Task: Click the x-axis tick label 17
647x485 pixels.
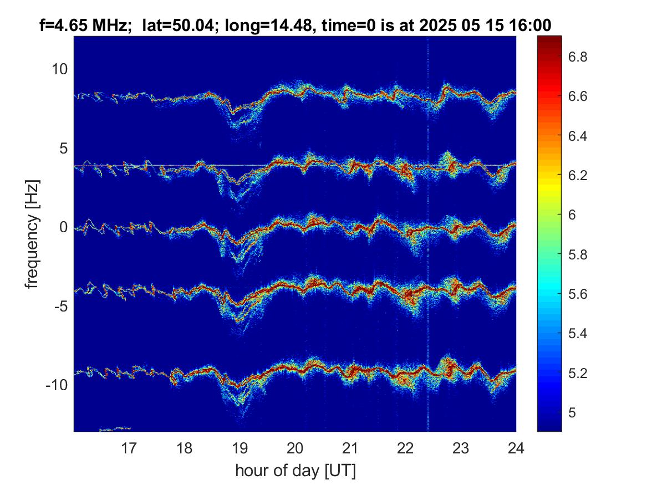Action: click(129, 448)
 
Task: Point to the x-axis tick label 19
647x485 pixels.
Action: click(240, 448)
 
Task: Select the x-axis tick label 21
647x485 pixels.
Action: click(350, 448)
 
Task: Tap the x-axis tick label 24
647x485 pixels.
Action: click(516, 448)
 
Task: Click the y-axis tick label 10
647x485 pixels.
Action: click(59, 69)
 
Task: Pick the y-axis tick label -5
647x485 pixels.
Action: click(60, 307)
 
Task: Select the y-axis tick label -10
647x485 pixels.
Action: click(57, 385)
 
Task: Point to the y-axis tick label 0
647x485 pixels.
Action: click(64, 227)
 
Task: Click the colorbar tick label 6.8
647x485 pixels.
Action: click(578, 57)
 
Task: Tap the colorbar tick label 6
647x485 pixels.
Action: click(572, 215)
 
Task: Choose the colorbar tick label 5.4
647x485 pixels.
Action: click(578, 334)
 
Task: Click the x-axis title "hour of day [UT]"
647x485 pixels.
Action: click(295, 471)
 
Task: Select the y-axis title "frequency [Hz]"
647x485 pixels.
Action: click(32, 234)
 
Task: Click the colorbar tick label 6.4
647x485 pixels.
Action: click(578, 136)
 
